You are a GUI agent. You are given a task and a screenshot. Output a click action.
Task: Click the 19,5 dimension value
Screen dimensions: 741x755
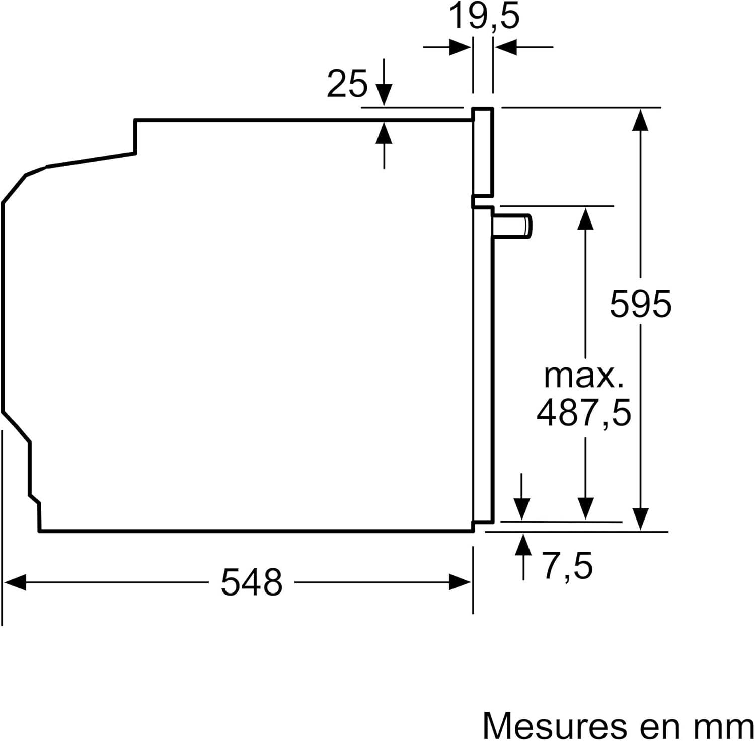pyautogui.click(x=483, y=16)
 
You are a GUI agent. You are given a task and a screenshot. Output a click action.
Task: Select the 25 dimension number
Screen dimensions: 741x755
pyautogui.click(x=347, y=84)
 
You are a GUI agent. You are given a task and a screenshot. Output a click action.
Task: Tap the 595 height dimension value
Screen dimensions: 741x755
pyautogui.click(x=640, y=304)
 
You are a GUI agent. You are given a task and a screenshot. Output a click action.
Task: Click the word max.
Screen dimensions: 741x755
pyautogui.click(x=583, y=376)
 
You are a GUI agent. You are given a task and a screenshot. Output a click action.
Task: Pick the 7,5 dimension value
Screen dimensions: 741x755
pyautogui.click(x=567, y=566)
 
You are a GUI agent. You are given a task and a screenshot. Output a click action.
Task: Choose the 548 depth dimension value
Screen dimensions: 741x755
pyautogui.click(x=252, y=582)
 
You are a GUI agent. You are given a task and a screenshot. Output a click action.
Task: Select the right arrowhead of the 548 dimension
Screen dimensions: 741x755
pyautogui.click(x=461, y=583)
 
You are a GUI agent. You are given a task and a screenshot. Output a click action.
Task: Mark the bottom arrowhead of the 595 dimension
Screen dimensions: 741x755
pyautogui.click(x=640, y=519)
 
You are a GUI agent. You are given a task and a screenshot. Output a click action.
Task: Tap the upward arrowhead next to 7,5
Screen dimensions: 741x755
pyautogui.click(x=523, y=545)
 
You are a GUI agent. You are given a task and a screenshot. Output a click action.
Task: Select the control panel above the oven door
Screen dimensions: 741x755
pyautogui.click(x=483, y=151)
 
